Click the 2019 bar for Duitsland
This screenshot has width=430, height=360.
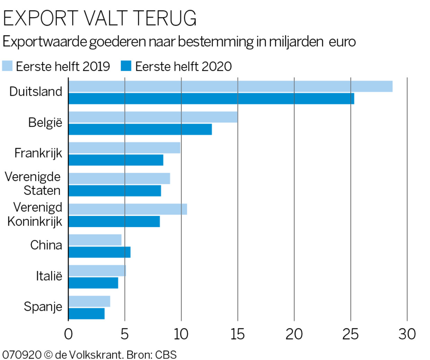click(x=230, y=86)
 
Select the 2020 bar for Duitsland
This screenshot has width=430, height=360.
click(x=211, y=98)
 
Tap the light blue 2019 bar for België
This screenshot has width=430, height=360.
click(x=153, y=117)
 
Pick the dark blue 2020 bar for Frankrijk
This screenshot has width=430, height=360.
click(x=116, y=160)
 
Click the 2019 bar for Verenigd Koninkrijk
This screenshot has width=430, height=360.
click(x=128, y=209)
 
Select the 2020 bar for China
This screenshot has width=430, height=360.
click(x=100, y=252)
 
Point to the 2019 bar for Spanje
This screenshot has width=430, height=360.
click(x=89, y=301)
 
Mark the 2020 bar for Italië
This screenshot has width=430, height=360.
click(x=93, y=283)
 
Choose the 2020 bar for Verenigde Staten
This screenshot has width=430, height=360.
click(x=115, y=191)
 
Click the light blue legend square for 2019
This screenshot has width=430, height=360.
click(x=7, y=66)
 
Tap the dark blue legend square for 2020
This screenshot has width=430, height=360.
click(x=126, y=66)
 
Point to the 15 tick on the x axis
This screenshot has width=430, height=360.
click(x=238, y=334)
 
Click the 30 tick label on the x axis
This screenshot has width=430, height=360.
click(x=407, y=334)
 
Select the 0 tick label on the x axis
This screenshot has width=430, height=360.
click(x=68, y=334)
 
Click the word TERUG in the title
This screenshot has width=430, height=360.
click(x=165, y=18)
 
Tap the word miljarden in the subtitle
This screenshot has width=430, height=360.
click(x=296, y=42)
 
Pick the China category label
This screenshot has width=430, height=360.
click(x=46, y=245)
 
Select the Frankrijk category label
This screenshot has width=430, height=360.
click(x=38, y=153)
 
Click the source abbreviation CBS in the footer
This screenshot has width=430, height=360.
click(x=166, y=355)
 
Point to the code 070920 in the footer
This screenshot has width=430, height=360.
click(x=21, y=355)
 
